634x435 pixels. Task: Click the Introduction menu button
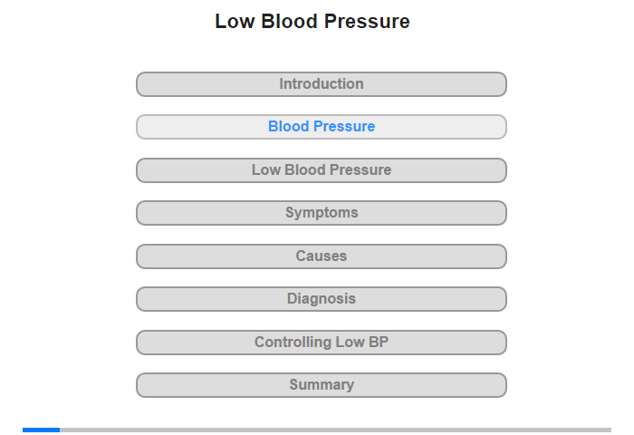tap(322, 84)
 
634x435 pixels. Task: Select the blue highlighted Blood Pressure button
tap(322, 127)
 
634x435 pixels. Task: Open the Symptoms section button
tap(322, 213)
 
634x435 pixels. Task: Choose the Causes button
tap(322, 256)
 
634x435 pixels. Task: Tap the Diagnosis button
tap(322, 299)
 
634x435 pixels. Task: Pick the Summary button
tap(322, 385)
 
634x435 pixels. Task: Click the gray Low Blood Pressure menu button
tap(322, 170)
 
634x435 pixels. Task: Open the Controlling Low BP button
tap(322, 343)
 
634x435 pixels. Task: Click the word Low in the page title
tap(235, 22)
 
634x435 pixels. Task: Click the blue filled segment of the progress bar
tap(42, 430)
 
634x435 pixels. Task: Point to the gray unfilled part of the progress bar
tap(336, 430)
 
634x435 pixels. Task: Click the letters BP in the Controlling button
tap(379, 342)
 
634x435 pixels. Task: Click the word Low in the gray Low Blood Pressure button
tap(266, 170)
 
